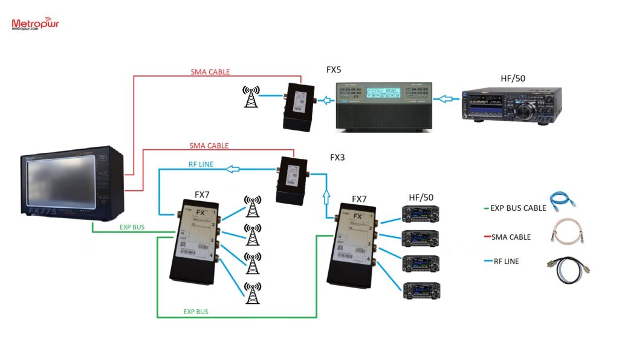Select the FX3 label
point(339,158)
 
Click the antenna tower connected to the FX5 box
point(250,97)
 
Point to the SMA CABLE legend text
point(511,237)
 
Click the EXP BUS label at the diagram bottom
point(196,312)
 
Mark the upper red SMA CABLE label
point(210,72)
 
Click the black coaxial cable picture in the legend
point(566,265)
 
